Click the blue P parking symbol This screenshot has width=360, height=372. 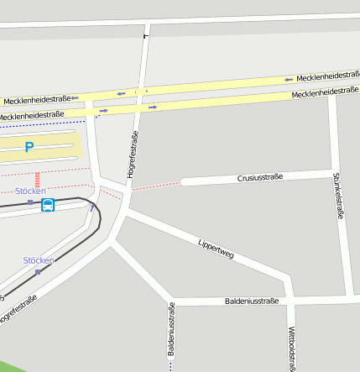tap(29, 148)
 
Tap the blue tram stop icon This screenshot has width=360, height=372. tap(48, 204)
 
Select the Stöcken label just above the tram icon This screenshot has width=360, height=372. tap(31, 191)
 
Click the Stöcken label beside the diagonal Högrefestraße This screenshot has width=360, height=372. tap(39, 260)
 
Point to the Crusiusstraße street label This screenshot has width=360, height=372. tap(260, 178)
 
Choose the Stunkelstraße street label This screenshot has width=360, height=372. tap(339, 196)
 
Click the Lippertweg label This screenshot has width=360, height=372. tap(215, 249)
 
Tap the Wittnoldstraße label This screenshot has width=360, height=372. tap(291, 348)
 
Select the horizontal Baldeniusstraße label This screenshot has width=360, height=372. tap(251, 300)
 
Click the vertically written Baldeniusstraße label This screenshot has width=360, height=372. tap(171, 330)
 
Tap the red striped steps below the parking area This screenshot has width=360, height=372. tap(37, 180)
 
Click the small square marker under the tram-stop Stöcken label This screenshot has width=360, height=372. tap(30, 202)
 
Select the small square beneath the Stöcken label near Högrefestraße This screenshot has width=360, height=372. tap(37, 272)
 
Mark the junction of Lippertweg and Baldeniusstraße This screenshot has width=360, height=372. tap(290, 298)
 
